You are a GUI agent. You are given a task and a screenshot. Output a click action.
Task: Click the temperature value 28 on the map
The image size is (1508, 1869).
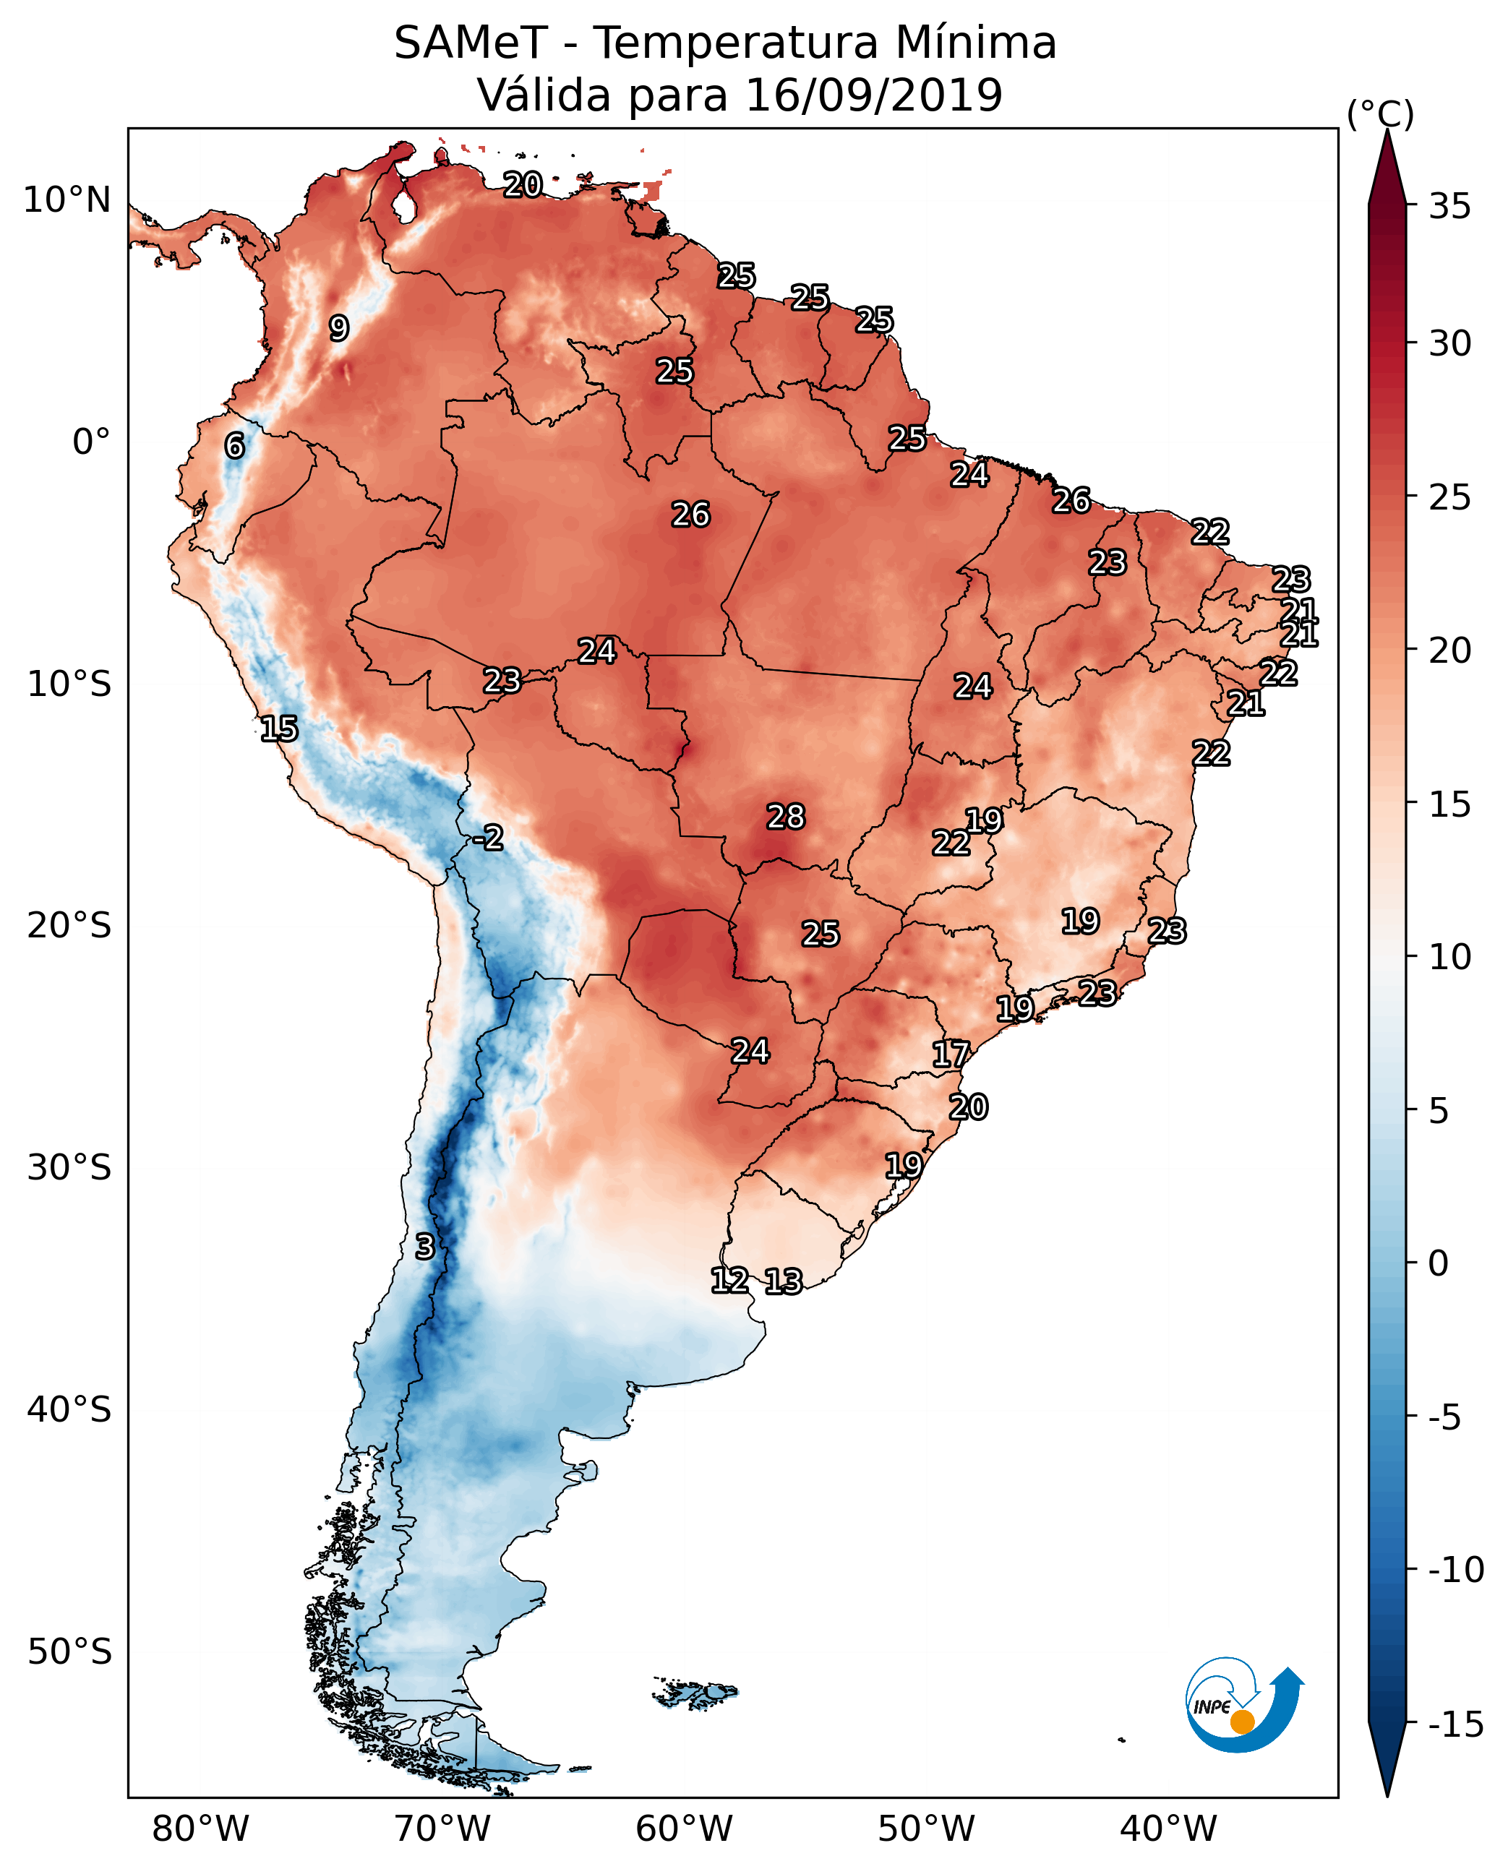point(785,817)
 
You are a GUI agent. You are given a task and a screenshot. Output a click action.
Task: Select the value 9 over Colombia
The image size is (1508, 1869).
point(339,327)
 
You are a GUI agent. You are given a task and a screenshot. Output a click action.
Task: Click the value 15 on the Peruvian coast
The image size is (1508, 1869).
point(279,728)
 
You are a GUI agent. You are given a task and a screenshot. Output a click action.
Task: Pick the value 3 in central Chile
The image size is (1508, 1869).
point(424,1245)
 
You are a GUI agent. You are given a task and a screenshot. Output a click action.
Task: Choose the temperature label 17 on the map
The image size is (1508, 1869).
point(951,1054)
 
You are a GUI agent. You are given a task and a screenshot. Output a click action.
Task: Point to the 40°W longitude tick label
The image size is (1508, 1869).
point(1168,1829)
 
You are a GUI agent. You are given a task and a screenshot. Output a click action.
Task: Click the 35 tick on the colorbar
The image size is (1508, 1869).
point(1449,206)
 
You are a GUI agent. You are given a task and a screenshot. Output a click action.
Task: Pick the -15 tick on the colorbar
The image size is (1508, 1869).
point(1456,1724)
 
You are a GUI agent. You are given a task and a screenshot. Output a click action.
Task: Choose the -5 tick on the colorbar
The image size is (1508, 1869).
point(1444,1417)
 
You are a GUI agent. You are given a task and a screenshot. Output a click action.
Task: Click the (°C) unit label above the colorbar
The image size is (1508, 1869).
point(1380,113)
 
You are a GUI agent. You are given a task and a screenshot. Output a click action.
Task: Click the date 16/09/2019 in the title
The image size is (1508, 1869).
point(874,95)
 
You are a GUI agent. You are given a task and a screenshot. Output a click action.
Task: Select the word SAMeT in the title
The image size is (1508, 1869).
point(471,43)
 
